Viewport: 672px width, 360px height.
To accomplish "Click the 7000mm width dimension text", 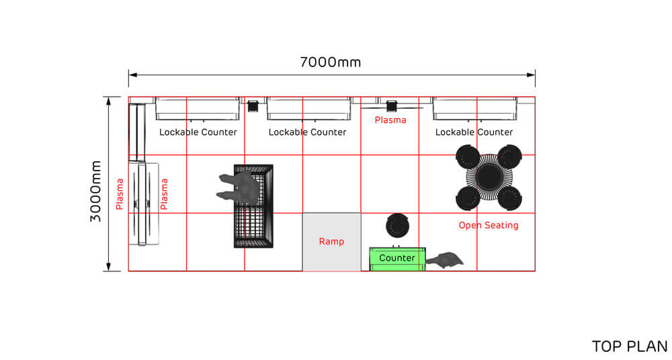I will (x=330, y=62).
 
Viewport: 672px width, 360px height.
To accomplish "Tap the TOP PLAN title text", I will (x=629, y=347).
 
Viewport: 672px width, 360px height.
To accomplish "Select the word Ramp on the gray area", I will (x=331, y=242).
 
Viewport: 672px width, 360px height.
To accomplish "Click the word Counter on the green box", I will (x=397, y=258).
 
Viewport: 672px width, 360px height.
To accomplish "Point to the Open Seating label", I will (x=489, y=226).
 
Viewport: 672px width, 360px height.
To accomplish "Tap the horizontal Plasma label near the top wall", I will (x=390, y=120).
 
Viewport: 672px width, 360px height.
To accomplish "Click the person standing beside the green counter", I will (x=445, y=259).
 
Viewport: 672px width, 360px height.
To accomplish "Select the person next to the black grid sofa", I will (x=239, y=187).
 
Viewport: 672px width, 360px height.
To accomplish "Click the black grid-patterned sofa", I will (x=253, y=206).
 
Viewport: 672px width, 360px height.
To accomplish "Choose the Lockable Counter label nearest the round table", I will (x=474, y=132).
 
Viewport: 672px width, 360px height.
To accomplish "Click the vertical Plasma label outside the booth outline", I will (x=120, y=193).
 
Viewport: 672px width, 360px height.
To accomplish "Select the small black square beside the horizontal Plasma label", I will (x=391, y=105).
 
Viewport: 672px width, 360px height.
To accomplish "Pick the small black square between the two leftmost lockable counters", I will (x=253, y=105).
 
